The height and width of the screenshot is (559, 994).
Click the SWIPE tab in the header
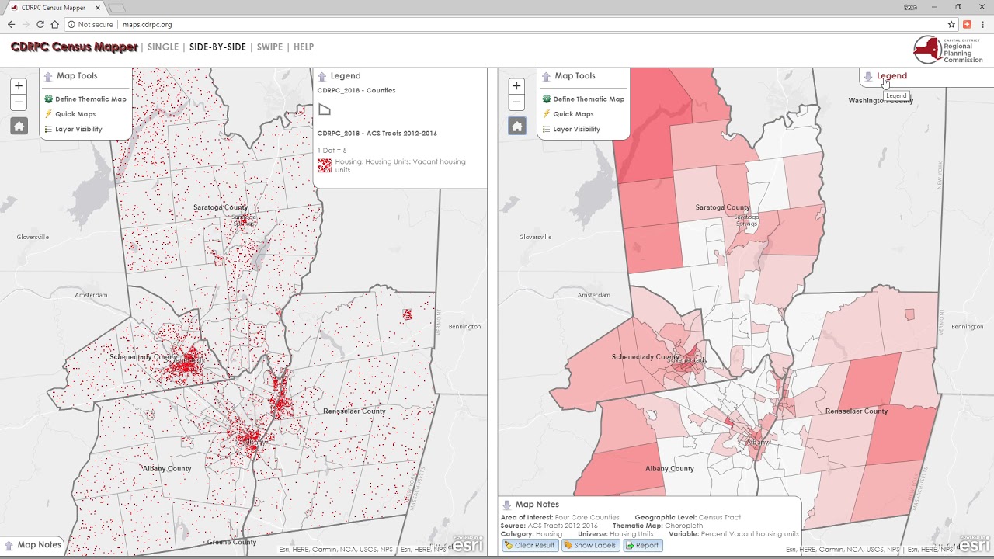269,47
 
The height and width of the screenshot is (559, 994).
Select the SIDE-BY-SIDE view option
217,47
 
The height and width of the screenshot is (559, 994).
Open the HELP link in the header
304,47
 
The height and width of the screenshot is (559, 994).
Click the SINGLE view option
163,47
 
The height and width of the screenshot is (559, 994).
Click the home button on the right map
517,126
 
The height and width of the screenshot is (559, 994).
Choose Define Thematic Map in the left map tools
90,99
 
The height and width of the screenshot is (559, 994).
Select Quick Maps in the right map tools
574,114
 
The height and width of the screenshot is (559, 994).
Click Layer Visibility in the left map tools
78,130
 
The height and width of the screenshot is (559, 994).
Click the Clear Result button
530,545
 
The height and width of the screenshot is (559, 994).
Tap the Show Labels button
589,545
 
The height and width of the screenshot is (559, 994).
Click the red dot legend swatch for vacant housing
325,165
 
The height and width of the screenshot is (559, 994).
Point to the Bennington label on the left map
464,327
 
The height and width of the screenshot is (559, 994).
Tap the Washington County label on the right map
881,101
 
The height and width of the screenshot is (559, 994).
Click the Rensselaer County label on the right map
856,411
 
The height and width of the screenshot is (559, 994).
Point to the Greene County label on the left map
232,542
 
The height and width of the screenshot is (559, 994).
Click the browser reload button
40,25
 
